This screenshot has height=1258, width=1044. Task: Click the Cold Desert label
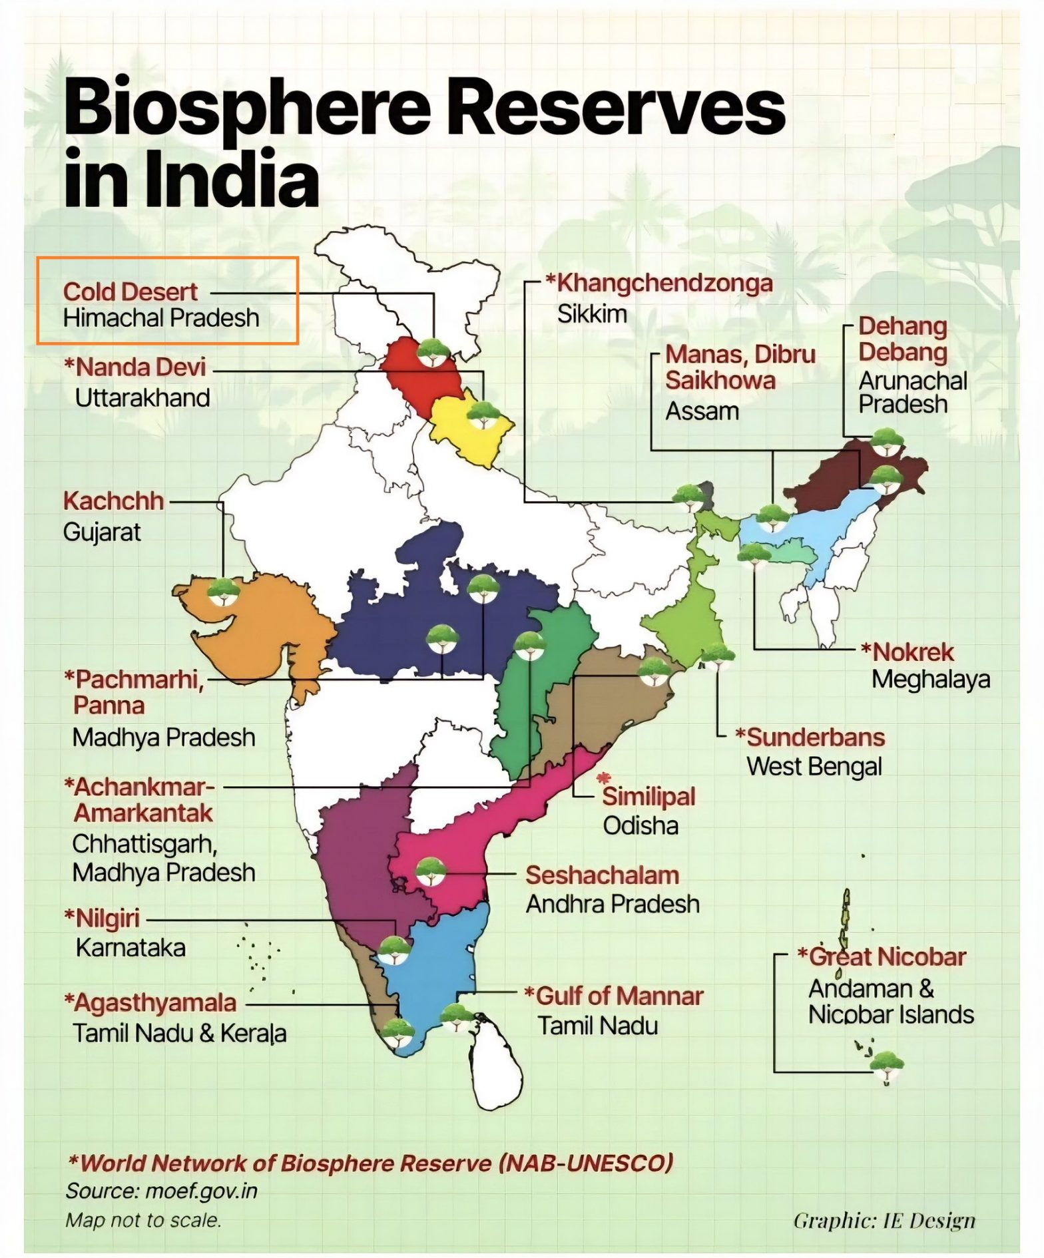[x=130, y=292]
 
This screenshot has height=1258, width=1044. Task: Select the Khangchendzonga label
[x=664, y=283]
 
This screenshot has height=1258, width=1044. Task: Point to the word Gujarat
[x=102, y=532]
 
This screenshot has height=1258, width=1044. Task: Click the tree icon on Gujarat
[x=224, y=590]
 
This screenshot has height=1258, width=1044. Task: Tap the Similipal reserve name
[x=649, y=797]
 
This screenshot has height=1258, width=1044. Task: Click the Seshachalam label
[x=602, y=875]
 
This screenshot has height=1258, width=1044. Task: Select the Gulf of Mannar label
[x=619, y=996]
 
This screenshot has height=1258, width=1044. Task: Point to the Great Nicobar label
[x=887, y=957]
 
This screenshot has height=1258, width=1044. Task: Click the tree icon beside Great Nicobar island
[x=886, y=1065]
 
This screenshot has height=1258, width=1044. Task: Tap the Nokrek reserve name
[x=912, y=652]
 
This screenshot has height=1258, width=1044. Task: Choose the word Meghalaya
[x=930, y=680]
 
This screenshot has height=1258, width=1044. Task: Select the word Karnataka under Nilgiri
[x=130, y=947]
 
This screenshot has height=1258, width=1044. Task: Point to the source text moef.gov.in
[x=200, y=1191]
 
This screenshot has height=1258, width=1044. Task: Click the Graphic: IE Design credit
[x=884, y=1221]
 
